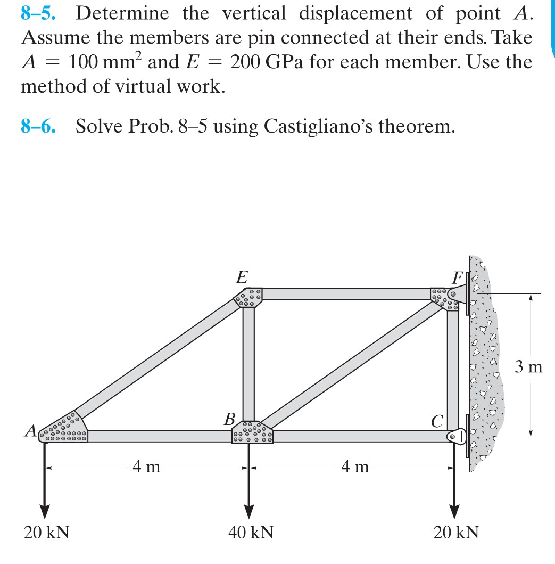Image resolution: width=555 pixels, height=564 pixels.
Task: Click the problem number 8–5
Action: point(39,14)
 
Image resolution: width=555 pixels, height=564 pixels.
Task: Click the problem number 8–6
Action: point(39,126)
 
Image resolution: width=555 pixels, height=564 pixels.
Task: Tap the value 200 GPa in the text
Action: point(260,62)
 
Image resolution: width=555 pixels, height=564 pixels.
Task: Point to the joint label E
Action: point(242,277)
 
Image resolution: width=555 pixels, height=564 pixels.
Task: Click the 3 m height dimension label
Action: point(528,367)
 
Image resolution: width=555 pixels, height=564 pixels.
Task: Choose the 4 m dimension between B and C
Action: point(355,468)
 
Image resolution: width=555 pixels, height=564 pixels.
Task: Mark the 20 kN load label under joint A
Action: point(47,532)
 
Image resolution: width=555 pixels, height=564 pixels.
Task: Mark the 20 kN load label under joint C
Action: point(456,532)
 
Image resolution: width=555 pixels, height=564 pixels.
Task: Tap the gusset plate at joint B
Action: point(252,432)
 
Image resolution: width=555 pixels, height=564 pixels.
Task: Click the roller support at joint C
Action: point(455,436)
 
